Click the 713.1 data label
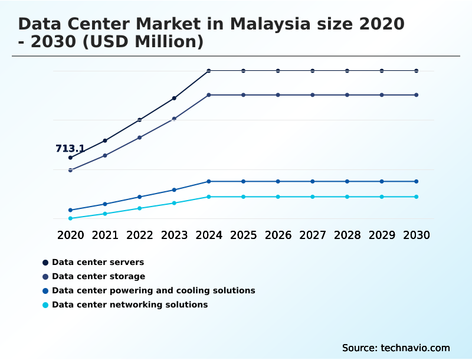click(x=70, y=149)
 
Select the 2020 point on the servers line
click(x=70, y=158)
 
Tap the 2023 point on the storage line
click(x=174, y=119)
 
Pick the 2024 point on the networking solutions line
click(x=209, y=197)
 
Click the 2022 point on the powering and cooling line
click(x=140, y=197)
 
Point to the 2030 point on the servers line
click(x=417, y=71)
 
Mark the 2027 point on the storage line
click(x=313, y=95)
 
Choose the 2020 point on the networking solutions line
click(x=70, y=218)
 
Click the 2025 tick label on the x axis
click(x=243, y=235)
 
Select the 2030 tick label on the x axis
click(x=417, y=235)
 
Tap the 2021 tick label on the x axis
click(x=105, y=235)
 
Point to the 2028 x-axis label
click(x=347, y=235)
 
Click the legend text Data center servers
click(x=98, y=262)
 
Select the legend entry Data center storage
click(x=99, y=276)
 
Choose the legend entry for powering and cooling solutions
click(x=153, y=290)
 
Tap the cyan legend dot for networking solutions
click(x=45, y=305)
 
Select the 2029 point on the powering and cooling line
click(x=382, y=181)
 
